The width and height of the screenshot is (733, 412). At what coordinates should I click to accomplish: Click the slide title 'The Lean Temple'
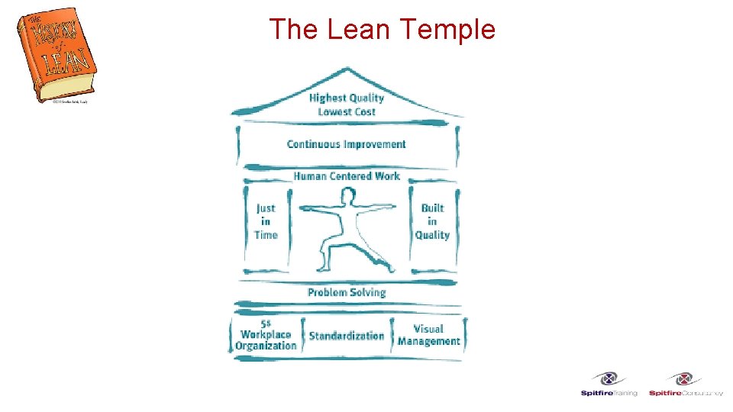[x=383, y=30]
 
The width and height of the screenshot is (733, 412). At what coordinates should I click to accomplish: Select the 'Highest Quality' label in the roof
[x=347, y=98]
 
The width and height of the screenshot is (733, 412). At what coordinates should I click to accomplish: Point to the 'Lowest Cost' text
[x=347, y=112]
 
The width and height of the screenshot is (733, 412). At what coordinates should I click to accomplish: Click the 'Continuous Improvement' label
[x=346, y=144]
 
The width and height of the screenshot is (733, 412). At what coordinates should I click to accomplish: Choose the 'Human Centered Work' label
[x=347, y=176]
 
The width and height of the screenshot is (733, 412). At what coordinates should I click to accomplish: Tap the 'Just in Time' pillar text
[x=266, y=221]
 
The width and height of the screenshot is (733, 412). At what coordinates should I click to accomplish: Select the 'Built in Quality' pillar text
[x=432, y=221]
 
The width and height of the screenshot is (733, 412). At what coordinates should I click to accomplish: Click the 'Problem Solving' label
[x=347, y=292]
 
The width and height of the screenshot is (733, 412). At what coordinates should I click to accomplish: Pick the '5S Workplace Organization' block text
[x=265, y=335]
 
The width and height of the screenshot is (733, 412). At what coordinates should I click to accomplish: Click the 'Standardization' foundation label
[x=347, y=336]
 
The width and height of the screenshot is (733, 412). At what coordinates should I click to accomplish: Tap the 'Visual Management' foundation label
[x=428, y=335]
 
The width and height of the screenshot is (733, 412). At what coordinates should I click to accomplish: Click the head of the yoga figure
[x=348, y=197]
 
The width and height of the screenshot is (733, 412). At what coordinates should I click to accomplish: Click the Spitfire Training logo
[x=609, y=384]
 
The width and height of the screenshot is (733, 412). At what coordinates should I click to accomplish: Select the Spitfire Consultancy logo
[x=685, y=384]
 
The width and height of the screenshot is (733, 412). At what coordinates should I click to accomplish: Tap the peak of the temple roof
[x=347, y=69]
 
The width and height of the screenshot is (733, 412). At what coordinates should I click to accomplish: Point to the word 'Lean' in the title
[x=360, y=30]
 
